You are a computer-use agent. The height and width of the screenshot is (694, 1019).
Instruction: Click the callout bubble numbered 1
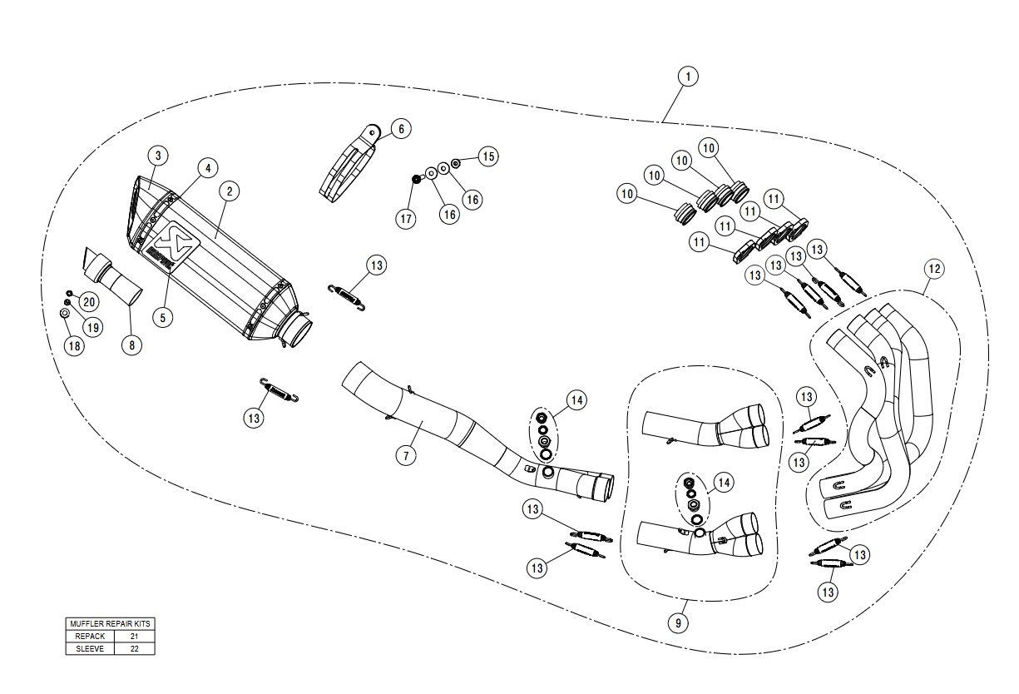tap(687, 77)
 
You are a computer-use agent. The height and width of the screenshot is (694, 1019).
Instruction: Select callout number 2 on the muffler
tap(230, 191)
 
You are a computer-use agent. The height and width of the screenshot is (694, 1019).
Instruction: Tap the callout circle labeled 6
tap(400, 129)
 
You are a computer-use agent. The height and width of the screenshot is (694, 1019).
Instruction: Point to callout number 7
tap(405, 455)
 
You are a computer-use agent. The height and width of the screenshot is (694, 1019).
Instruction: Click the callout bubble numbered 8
tap(131, 345)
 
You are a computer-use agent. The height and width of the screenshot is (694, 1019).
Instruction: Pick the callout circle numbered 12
tap(934, 269)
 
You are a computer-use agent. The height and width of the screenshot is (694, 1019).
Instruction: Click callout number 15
tap(487, 156)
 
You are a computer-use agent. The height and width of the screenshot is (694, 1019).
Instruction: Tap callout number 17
tap(405, 219)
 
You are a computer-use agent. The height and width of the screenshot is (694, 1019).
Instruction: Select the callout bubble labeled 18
tap(75, 346)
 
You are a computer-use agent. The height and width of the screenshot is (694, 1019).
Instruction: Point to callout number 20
tap(88, 301)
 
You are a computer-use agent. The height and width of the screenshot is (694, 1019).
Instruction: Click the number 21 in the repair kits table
tap(134, 636)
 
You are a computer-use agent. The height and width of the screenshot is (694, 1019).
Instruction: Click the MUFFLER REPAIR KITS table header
tap(111, 623)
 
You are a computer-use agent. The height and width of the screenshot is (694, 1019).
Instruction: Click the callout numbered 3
tap(158, 155)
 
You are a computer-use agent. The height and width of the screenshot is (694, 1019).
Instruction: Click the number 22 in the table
tap(134, 648)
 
